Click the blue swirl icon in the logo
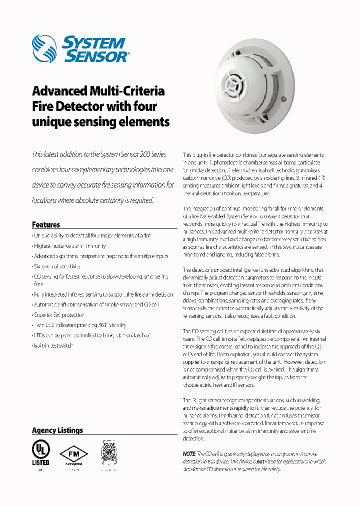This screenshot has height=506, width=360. point(45,48)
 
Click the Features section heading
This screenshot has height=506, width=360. point(46,224)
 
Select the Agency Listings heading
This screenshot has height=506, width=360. point(57,430)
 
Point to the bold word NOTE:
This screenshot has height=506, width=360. point(190,453)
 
